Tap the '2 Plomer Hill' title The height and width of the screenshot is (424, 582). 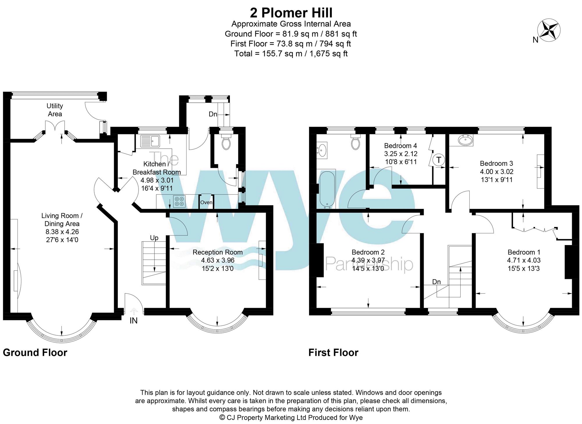point(291,13)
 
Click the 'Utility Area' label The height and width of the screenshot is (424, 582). point(55,110)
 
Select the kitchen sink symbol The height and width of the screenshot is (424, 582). point(150,141)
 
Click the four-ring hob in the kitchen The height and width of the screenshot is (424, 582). point(179,201)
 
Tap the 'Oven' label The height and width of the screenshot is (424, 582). point(206,202)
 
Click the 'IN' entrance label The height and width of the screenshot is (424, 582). point(134,321)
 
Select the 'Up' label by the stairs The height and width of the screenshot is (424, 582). point(154,238)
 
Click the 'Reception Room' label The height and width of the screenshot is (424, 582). point(218,252)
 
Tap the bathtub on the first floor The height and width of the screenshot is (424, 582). point(328,189)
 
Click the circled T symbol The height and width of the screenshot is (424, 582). point(439,160)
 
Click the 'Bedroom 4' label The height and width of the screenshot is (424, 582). point(400,145)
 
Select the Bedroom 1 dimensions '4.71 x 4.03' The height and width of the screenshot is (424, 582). point(524,260)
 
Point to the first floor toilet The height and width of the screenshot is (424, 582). point(356,142)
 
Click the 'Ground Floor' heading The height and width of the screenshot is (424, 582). point(35,353)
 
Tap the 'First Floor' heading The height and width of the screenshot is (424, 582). point(333,353)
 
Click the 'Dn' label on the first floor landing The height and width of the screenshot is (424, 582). point(436,282)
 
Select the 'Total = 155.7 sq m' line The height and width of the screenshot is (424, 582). point(291,54)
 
